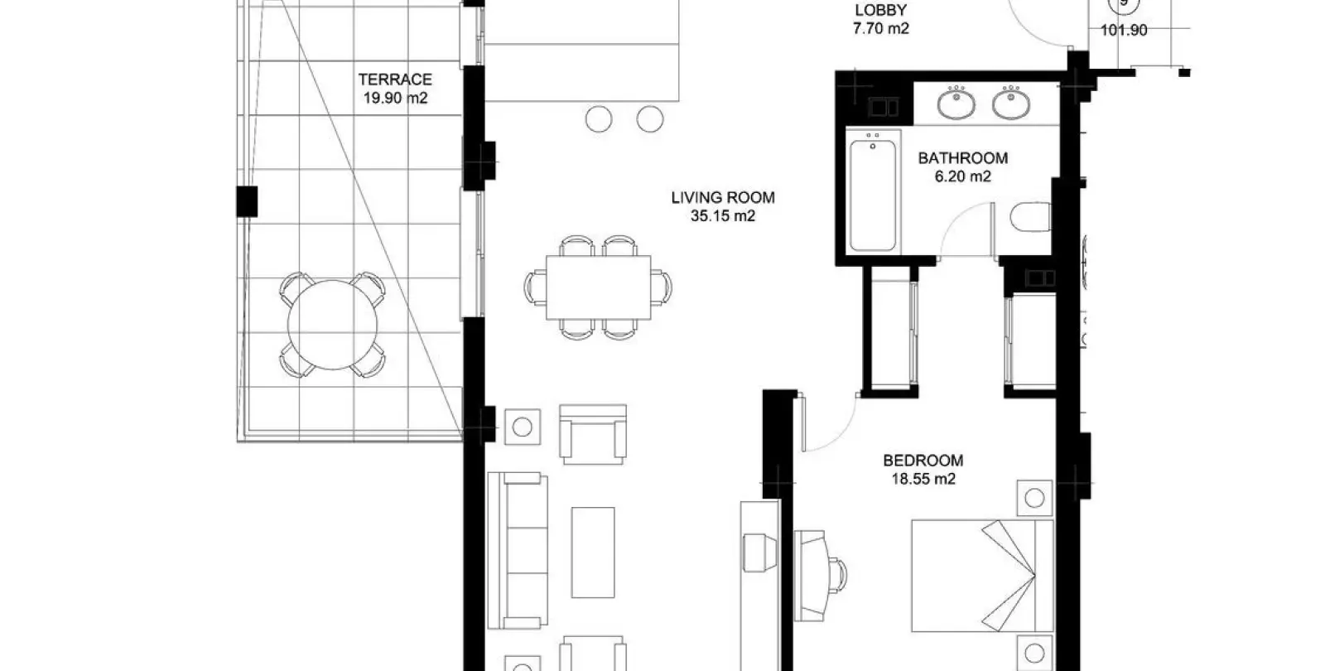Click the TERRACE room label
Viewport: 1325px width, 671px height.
click(x=395, y=80)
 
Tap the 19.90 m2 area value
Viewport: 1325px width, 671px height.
click(x=395, y=99)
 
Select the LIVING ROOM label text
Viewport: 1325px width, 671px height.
click(x=723, y=198)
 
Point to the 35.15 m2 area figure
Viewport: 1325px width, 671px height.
click(x=723, y=216)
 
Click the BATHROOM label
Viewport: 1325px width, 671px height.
click(x=963, y=158)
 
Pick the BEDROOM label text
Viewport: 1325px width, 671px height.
click(x=923, y=461)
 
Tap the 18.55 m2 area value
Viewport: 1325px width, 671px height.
click(x=923, y=479)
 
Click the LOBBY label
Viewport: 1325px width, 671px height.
click(x=881, y=10)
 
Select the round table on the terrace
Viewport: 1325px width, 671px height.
click(x=332, y=325)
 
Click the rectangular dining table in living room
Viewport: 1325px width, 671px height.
click(x=598, y=287)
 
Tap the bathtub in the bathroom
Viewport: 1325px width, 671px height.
click(x=873, y=196)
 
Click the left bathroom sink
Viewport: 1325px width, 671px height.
click(x=956, y=103)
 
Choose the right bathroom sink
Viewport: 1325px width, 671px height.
click(x=1011, y=103)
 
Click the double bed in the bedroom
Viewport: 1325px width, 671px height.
click(x=982, y=576)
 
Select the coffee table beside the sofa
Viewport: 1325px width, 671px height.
click(x=593, y=552)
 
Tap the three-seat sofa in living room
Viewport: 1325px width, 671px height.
click(x=518, y=550)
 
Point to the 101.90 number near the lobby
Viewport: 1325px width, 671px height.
click(x=1124, y=30)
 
